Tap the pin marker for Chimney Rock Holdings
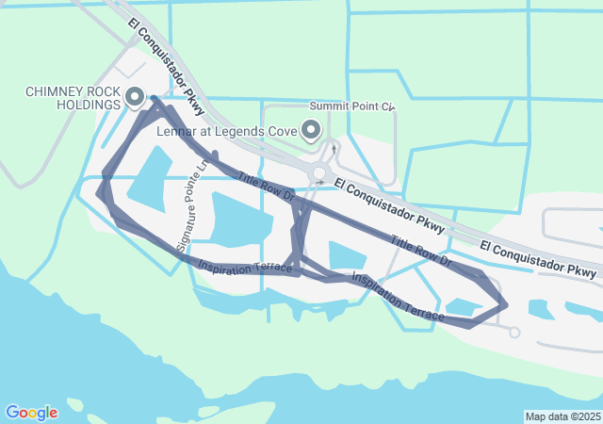coord(134,96)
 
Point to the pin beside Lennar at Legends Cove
coord(311,131)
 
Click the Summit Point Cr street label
coord(351,106)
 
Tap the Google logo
coord(31,413)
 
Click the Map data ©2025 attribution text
coord(562,416)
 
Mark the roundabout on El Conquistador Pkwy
coord(320,172)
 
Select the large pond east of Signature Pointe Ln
coord(241,219)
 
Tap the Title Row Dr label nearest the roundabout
coord(267,188)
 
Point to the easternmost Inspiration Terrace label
coord(397,296)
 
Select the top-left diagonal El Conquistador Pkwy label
coord(165,63)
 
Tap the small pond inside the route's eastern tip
coord(463,306)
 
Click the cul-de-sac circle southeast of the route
coord(513,332)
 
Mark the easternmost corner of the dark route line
coord(507,304)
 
